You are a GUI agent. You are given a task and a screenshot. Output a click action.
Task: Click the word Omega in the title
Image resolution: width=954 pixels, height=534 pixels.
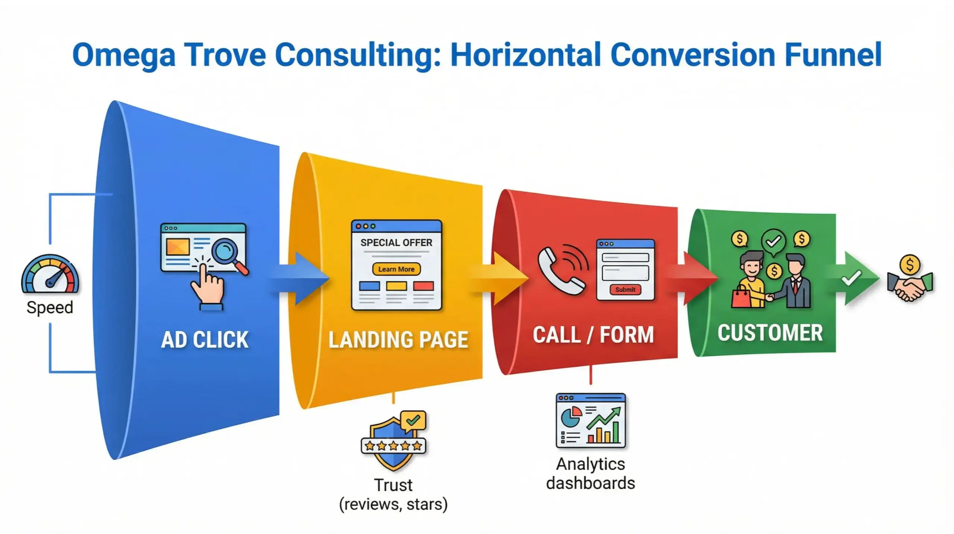123,55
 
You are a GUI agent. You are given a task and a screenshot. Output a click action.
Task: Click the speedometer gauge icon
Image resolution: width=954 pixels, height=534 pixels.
50,274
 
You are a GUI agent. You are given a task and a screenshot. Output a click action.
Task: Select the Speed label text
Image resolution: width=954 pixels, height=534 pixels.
50,307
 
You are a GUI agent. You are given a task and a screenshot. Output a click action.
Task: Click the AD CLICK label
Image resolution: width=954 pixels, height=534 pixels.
205,339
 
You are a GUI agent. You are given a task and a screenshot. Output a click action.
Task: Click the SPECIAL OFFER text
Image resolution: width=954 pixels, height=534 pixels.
396,243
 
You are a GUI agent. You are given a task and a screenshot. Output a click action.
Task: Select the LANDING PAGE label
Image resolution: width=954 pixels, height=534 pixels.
398,339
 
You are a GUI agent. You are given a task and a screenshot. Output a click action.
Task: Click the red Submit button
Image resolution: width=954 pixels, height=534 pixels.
625,290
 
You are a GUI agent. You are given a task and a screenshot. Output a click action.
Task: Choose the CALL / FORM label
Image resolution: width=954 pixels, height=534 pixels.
593,334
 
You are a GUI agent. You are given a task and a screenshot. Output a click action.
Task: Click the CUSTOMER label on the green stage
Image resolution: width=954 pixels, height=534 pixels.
770,332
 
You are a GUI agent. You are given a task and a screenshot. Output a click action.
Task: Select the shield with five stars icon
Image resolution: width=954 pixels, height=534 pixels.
393,442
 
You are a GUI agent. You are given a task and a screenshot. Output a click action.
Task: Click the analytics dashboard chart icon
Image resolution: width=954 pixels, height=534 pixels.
591,420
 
